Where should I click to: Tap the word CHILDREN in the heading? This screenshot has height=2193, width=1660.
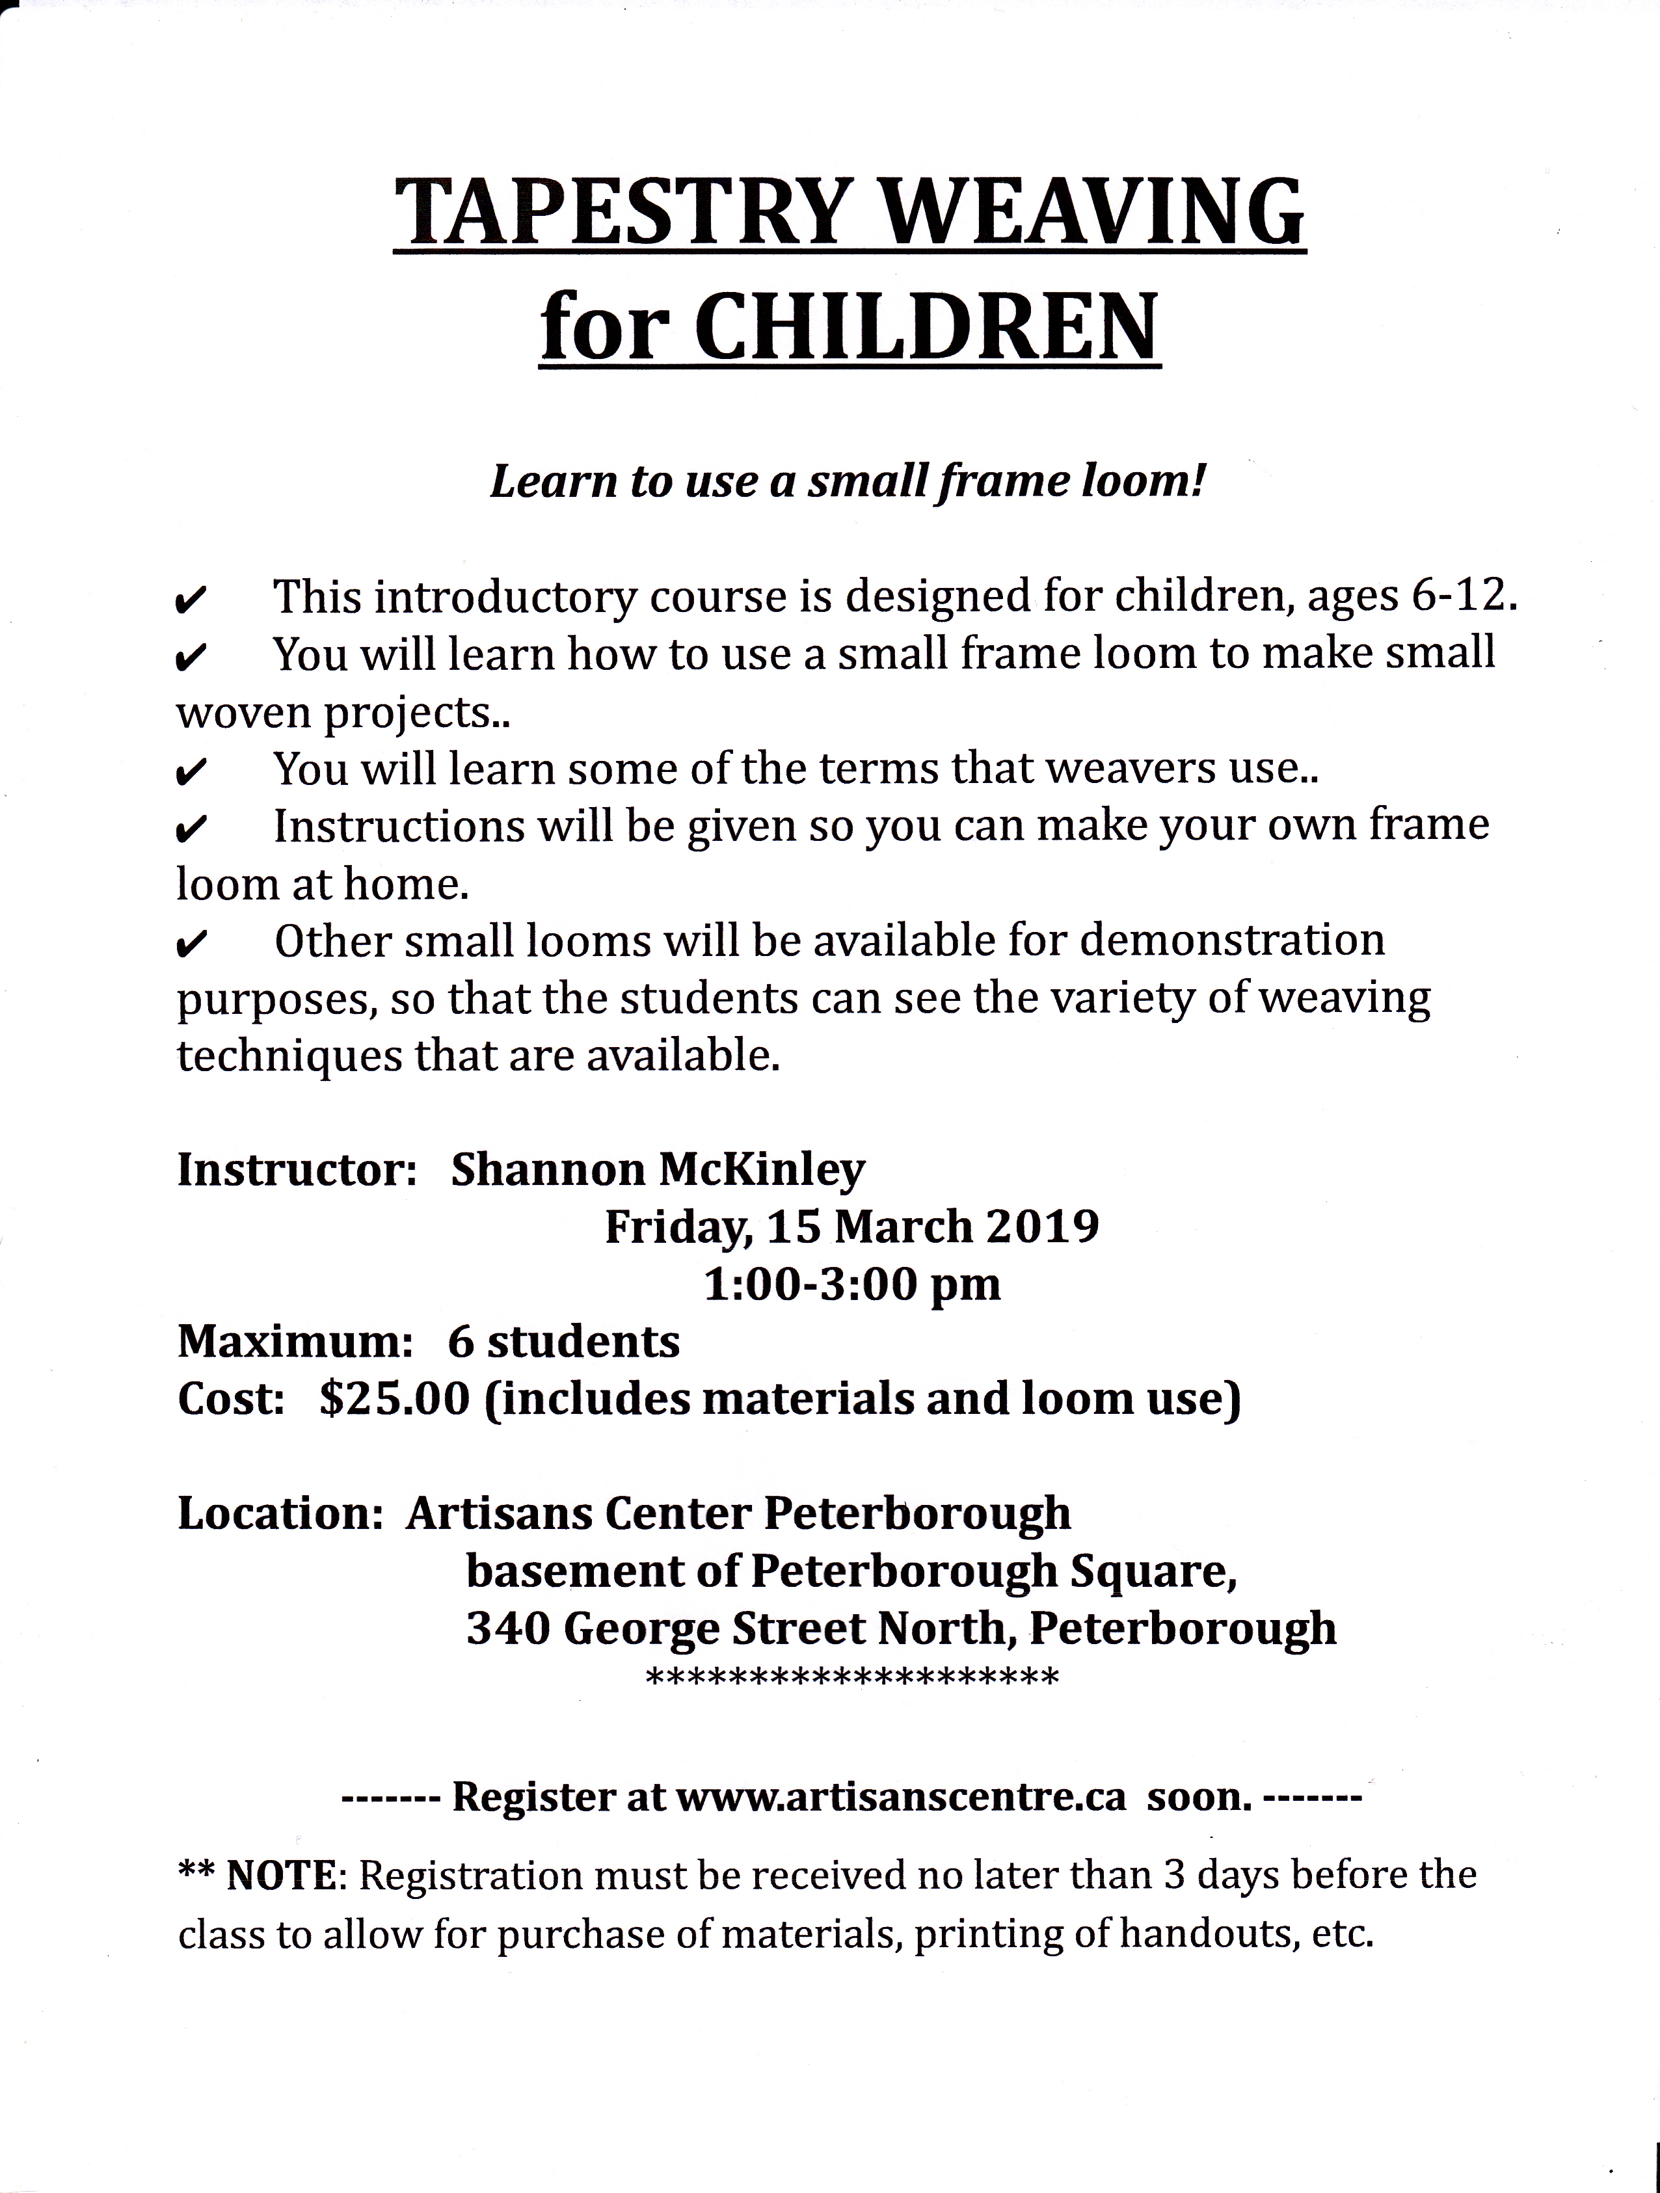coord(928,327)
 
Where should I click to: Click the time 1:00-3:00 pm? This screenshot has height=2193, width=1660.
coord(852,1285)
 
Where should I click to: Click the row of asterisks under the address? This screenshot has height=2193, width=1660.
coord(852,1679)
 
